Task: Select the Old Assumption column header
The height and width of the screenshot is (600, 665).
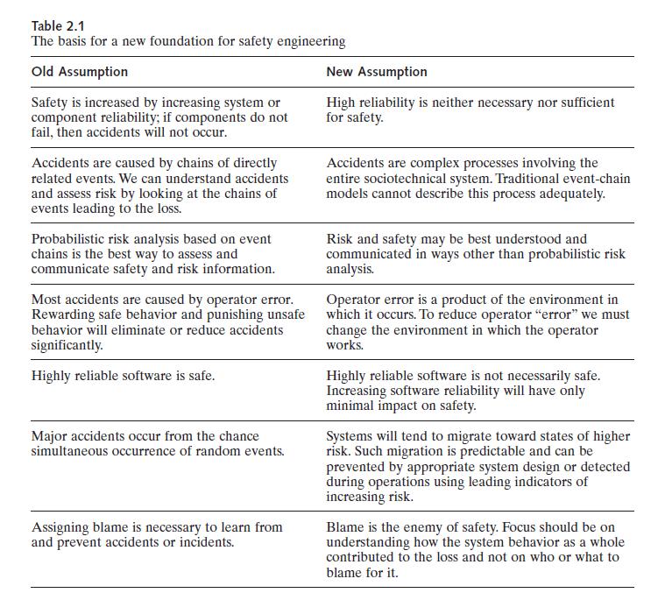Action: [80, 72]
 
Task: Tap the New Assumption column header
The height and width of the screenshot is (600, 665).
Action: [377, 72]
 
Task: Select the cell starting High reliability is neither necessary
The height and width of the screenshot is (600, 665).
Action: [470, 109]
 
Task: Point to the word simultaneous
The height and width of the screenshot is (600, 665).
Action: [72, 450]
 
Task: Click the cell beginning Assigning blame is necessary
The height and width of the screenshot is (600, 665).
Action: [145, 534]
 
